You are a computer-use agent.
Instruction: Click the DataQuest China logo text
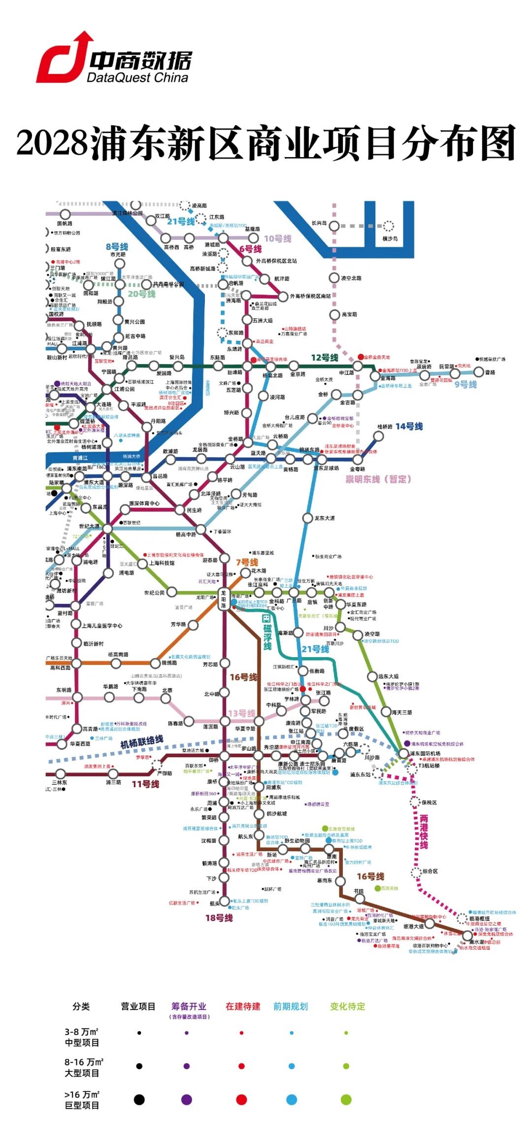tap(137, 77)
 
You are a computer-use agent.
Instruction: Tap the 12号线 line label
tap(325, 358)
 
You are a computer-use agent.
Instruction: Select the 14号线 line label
tap(409, 426)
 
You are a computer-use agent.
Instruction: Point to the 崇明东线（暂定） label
tap(378, 479)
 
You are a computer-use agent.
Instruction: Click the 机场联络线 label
tap(141, 742)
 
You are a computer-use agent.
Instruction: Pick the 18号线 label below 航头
tap(219, 918)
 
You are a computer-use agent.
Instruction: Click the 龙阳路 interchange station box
tap(224, 599)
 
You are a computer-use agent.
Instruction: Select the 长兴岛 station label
tap(319, 223)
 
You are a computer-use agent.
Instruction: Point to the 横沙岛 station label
tap(390, 238)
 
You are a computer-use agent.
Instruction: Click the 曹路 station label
tap(490, 373)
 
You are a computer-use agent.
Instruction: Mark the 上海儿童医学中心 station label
tap(102, 626)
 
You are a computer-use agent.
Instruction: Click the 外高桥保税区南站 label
tap(310, 296)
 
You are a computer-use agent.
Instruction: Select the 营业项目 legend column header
tap(138, 1006)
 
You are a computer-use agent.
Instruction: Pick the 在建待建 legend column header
tap(243, 1006)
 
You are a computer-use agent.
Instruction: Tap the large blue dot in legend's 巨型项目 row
tap(292, 1100)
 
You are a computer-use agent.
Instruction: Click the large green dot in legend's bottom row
tap(346, 1100)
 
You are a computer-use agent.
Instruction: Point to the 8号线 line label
tap(117, 246)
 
